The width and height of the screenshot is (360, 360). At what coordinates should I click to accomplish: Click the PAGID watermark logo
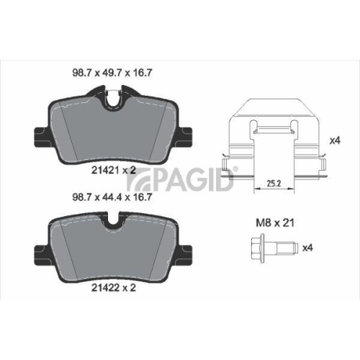click(190, 180)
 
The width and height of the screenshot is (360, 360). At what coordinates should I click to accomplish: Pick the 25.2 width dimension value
click(271, 184)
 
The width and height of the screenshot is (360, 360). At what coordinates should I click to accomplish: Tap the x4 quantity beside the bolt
click(307, 248)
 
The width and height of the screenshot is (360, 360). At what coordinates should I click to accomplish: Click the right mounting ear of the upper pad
click(187, 135)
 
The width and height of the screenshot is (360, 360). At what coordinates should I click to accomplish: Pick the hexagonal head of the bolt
click(257, 248)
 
